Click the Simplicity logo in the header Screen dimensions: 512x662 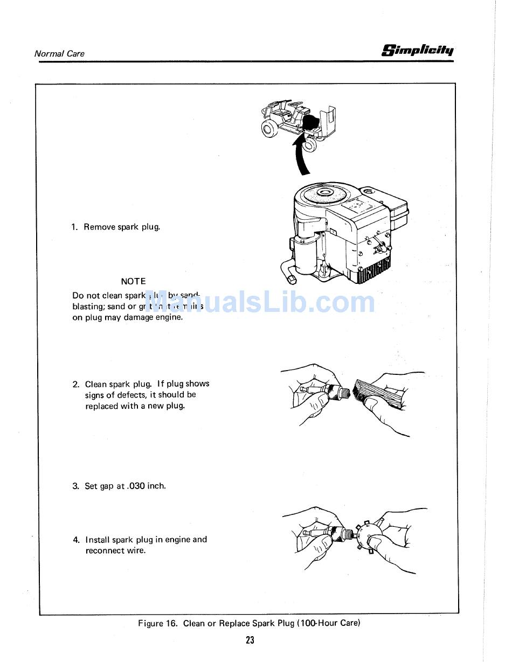point(418,51)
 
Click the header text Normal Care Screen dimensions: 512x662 point(59,53)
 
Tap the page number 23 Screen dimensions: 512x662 point(250,640)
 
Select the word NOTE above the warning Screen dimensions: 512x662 point(133,281)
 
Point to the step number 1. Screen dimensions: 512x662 point(74,227)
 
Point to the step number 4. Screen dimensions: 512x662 point(76,540)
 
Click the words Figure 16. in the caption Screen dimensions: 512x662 point(158,623)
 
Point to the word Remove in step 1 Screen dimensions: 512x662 point(99,227)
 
